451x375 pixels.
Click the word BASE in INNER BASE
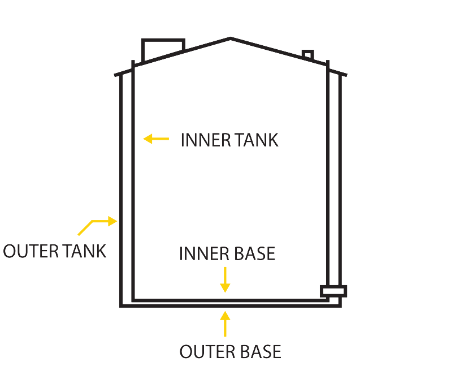(x=254, y=253)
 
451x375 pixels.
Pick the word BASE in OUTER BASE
(x=259, y=352)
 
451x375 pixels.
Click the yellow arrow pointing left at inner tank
(x=156, y=138)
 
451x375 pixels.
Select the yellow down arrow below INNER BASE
(x=225, y=279)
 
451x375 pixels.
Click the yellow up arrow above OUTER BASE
(x=225, y=324)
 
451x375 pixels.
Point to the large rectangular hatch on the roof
(x=163, y=49)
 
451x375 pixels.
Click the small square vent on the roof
(x=307, y=55)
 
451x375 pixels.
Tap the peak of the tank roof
(x=231, y=38)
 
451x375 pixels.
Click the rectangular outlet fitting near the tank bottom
(x=333, y=291)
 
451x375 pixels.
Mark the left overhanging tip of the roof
(x=116, y=74)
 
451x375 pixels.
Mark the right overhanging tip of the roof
(x=345, y=74)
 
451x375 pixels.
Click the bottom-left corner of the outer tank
(x=122, y=305)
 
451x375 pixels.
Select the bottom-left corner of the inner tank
(x=133, y=300)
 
